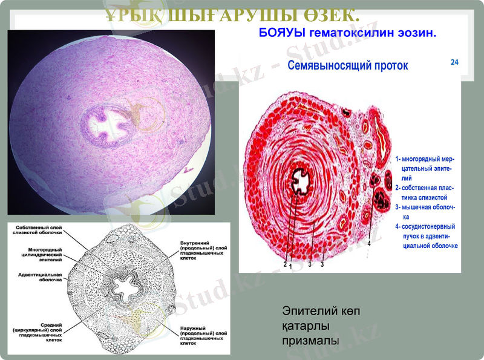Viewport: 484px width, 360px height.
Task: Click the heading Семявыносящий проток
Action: [x=347, y=65]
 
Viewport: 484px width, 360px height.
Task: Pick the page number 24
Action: [x=454, y=62]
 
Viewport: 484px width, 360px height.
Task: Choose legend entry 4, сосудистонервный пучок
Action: [x=427, y=236]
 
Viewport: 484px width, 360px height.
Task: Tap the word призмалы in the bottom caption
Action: [x=310, y=341]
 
